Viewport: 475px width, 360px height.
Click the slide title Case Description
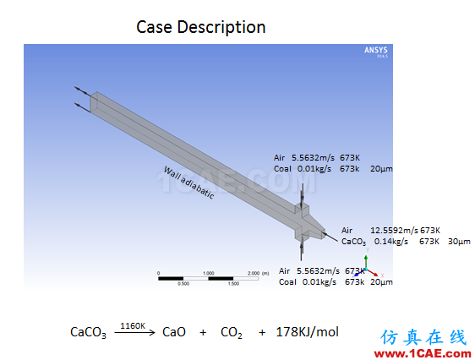pos(201,27)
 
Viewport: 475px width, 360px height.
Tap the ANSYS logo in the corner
pos(375,51)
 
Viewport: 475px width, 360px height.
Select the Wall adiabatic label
pos(189,183)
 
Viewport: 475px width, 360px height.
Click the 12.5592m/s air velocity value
pos(394,231)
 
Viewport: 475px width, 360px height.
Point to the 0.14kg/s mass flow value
pos(391,242)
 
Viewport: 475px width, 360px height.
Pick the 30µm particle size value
pos(459,242)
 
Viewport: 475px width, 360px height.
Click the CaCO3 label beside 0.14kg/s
pos(353,242)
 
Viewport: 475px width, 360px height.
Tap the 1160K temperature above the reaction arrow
pos(133,326)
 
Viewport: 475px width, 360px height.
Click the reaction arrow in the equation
pos(134,332)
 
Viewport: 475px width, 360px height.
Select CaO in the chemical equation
pos(174,332)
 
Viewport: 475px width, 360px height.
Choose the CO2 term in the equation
pos(232,332)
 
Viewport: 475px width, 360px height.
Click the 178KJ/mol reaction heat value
pos(307,332)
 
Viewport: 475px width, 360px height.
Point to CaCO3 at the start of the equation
pos(88,332)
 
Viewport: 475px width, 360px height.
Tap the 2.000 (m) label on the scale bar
pos(258,273)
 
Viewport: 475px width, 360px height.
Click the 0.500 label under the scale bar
pos(183,284)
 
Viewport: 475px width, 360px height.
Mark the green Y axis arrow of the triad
pos(366,261)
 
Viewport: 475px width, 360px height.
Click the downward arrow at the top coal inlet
pos(302,195)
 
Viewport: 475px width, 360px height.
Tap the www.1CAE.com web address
pos(423,353)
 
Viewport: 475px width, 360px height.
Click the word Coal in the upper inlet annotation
pos(282,169)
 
